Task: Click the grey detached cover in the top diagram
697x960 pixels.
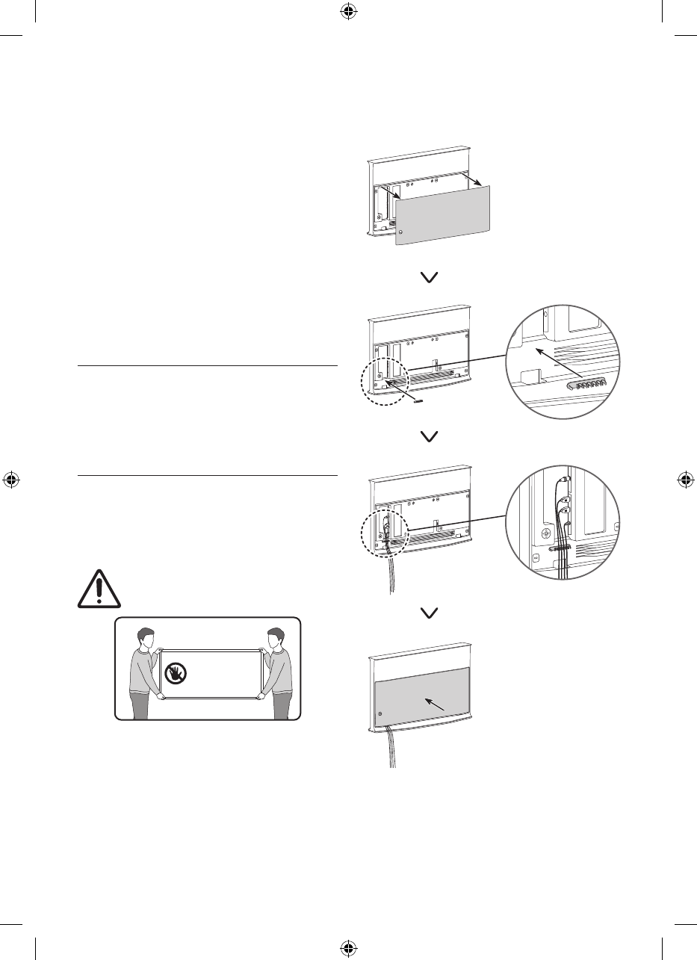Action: [442, 217]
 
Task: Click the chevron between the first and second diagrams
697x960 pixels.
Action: [431, 277]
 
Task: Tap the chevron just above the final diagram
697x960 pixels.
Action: [431, 613]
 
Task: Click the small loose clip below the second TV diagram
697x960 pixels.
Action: [418, 400]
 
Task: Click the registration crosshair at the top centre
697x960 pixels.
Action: [348, 11]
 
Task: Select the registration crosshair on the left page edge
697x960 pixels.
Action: [11, 480]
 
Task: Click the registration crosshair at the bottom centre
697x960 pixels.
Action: [348, 948]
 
